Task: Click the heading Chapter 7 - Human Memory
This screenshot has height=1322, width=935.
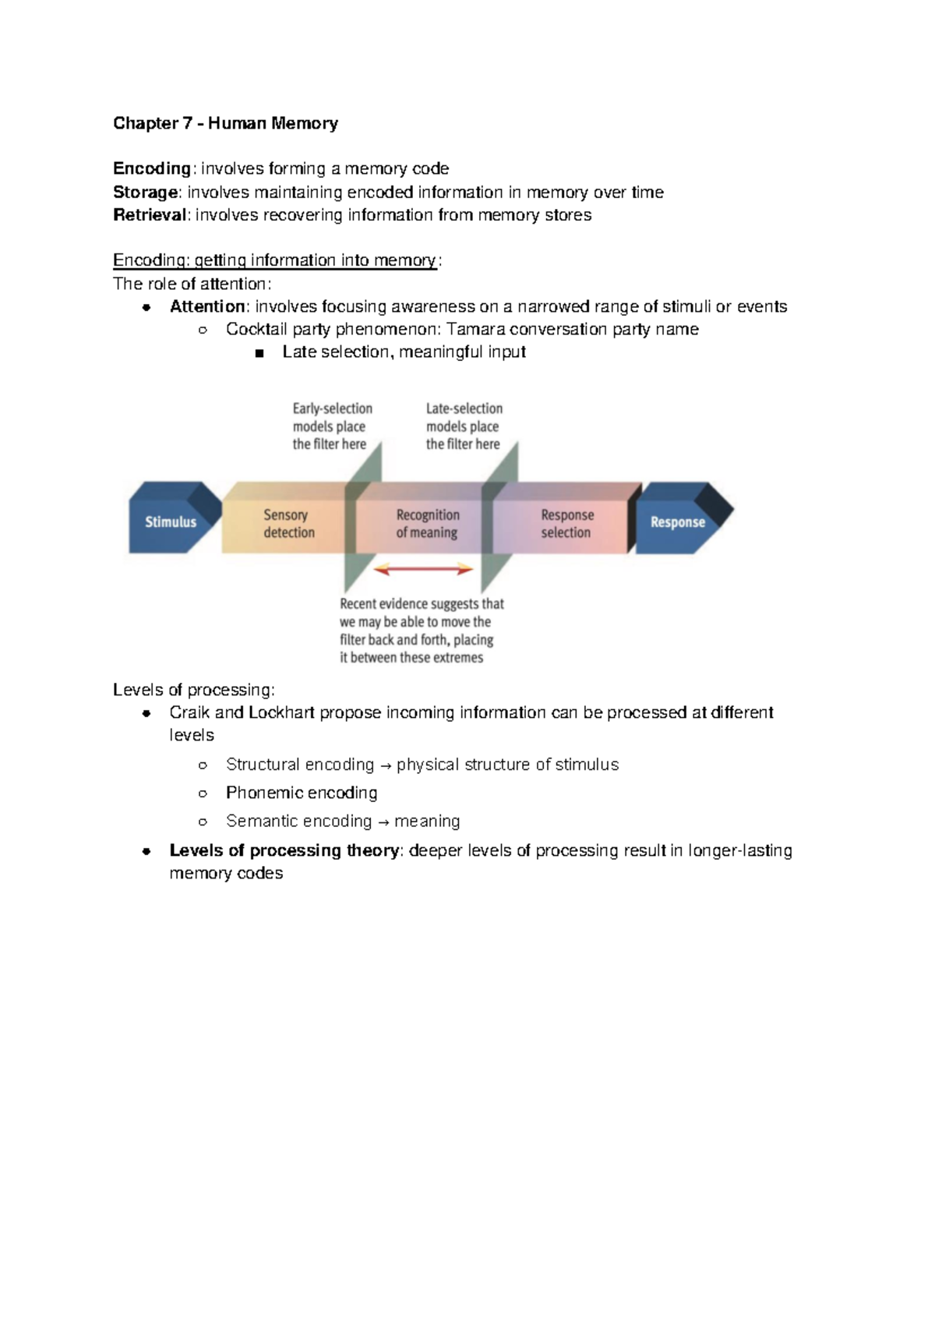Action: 225,123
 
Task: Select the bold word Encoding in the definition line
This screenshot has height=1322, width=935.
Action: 152,168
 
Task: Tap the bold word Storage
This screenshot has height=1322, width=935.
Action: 146,192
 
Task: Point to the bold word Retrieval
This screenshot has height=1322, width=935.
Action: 150,215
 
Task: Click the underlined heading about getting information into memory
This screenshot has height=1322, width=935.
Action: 275,260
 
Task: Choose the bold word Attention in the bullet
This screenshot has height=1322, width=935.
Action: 207,306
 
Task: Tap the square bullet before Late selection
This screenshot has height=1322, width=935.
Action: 260,353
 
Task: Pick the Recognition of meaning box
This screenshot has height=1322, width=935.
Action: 427,524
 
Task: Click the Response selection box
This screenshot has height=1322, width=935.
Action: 566,524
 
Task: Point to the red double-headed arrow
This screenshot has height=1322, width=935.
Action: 423,570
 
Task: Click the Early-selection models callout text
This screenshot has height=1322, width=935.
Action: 332,426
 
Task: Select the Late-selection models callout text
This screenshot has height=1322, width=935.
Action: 464,426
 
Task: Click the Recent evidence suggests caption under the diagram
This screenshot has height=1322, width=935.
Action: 422,631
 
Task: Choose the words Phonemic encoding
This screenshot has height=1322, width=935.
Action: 302,793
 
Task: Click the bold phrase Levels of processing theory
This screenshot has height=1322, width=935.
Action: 284,850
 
